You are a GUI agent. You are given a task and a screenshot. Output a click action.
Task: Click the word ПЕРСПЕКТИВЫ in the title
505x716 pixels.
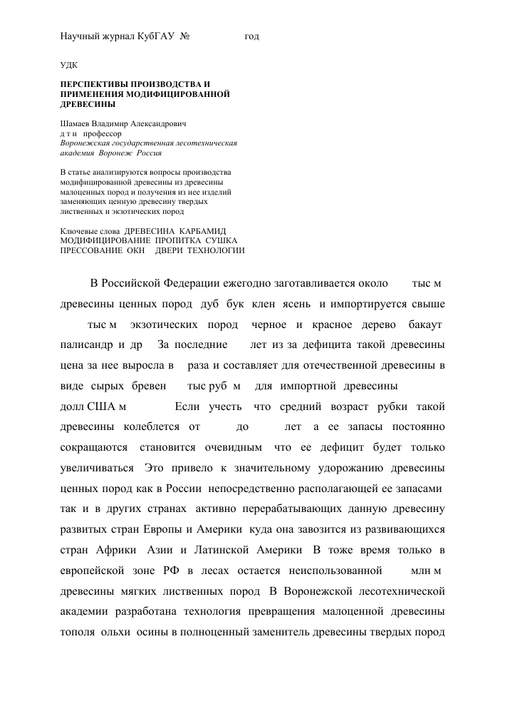[x=96, y=84]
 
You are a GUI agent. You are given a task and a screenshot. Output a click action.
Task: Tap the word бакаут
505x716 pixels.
[x=426, y=325]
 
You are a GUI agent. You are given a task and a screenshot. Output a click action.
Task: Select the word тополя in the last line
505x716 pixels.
[x=75, y=633]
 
